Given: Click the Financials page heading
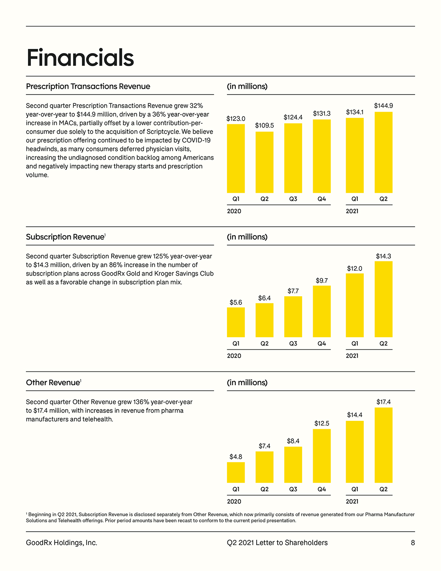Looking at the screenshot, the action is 80,58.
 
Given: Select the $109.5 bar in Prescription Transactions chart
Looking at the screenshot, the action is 264,162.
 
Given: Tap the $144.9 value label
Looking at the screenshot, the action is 383,106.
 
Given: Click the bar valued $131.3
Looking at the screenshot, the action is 321,156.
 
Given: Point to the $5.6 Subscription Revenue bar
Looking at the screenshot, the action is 236,322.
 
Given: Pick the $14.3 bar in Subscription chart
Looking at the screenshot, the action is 383,299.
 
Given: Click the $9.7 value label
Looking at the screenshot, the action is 321,281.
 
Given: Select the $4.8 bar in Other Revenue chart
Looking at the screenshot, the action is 236,472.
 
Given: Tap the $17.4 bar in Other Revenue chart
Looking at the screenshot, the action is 383,445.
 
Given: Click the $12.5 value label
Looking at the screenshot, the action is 321,423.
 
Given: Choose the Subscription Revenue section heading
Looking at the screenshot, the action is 65,237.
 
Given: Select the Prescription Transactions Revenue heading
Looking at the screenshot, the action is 88,87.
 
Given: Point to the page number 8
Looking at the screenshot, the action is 413,543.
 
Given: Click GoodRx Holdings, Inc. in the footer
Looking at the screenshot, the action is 61,543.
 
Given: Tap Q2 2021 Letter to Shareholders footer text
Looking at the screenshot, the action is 277,543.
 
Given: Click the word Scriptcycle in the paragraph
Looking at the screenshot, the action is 163,132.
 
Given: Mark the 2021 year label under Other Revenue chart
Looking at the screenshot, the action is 352,502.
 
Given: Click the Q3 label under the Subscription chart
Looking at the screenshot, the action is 293,343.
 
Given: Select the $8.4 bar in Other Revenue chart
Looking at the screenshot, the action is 293,465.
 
